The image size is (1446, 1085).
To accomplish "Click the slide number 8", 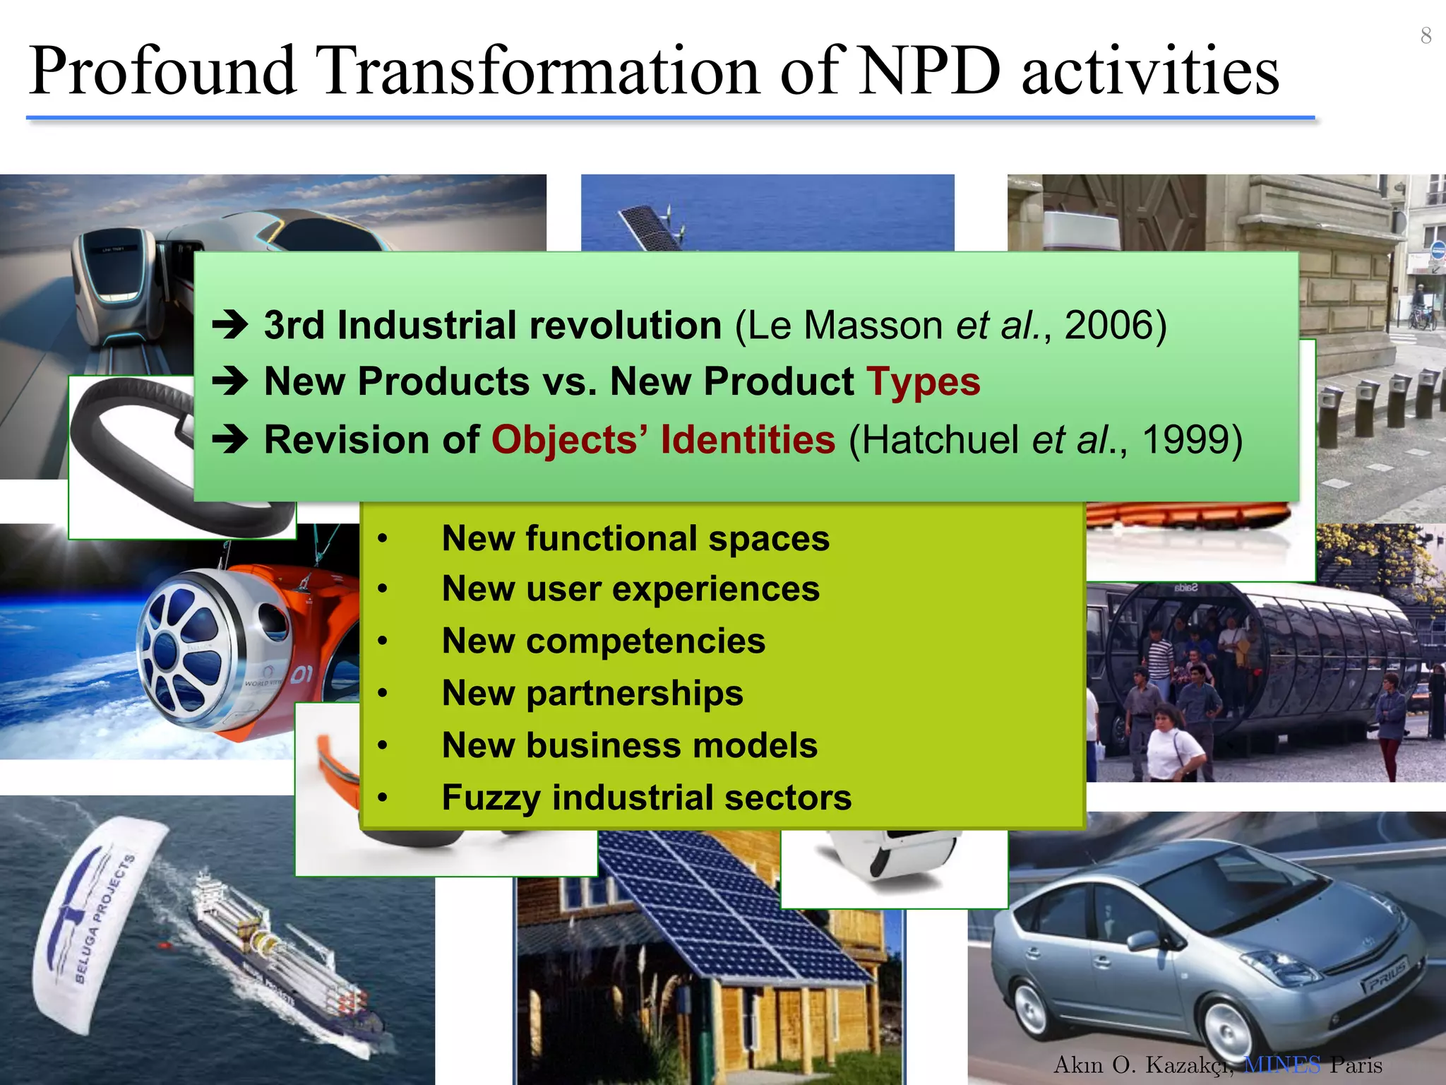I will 1426,35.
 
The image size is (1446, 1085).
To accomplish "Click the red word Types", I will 924,382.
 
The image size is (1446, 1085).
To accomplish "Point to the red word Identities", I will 748,440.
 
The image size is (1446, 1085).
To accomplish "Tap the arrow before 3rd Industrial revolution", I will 230,326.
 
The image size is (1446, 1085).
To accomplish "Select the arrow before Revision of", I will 230,440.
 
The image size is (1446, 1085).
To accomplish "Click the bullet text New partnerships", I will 592,693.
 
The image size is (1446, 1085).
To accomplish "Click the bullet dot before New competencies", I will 383,641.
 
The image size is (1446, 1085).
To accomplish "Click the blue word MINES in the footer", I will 1281,1065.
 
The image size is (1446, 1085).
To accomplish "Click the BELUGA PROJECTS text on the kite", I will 104,918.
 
